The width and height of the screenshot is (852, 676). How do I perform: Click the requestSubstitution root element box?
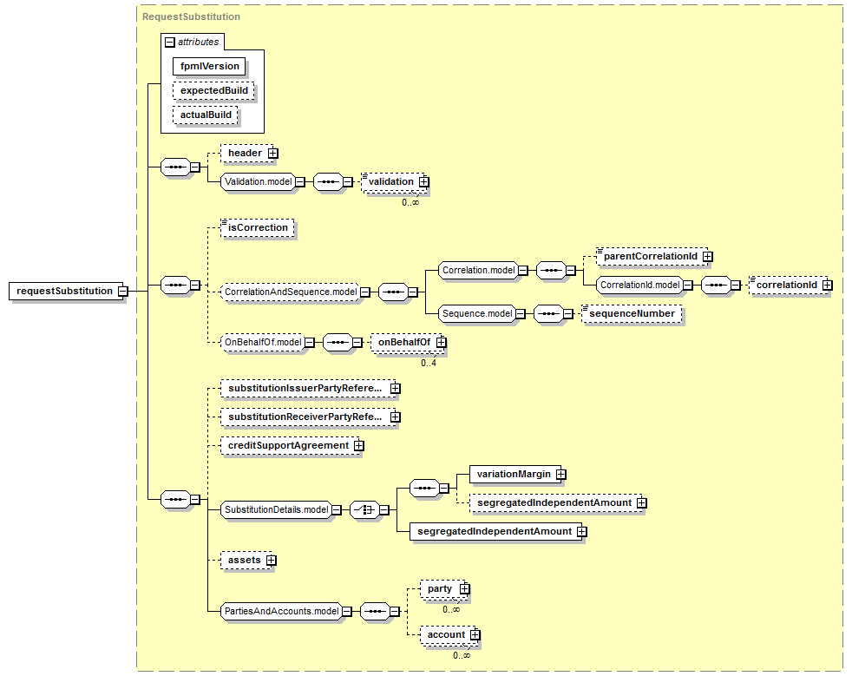tap(64, 291)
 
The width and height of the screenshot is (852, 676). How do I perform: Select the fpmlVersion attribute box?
tap(209, 66)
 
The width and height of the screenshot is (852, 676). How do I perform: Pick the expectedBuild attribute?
tap(213, 91)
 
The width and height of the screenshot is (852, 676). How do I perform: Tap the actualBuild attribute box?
tap(206, 115)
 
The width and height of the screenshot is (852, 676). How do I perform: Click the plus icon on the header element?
tap(272, 154)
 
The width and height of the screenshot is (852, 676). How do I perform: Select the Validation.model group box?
tap(258, 181)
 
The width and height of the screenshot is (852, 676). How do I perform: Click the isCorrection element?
tap(258, 227)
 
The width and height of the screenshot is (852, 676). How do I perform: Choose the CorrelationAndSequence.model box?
tap(291, 292)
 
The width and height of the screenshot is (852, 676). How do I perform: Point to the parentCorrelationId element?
tap(652, 256)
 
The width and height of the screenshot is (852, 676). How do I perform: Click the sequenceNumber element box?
tap(632, 313)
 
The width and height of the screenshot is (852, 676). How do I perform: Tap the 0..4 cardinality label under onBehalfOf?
tap(429, 363)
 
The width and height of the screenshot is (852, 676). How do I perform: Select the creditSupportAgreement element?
tap(290, 445)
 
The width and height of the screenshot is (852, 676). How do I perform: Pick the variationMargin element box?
tap(513, 474)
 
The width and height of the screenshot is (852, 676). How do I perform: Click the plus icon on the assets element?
tap(272, 561)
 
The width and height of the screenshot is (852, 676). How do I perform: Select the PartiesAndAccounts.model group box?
tap(281, 611)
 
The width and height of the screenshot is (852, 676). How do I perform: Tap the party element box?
tap(442, 589)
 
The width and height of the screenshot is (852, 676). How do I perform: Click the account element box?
tap(448, 634)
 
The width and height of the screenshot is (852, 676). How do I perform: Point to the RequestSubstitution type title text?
tap(191, 16)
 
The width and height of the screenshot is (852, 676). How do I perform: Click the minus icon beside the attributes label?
tap(170, 43)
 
